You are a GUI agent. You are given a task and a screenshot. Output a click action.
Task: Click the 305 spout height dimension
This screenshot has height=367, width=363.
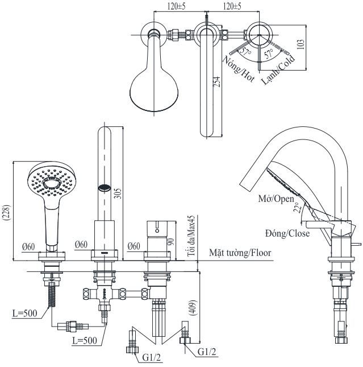[117, 194]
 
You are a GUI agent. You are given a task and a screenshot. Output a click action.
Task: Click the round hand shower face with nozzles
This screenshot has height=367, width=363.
[51, 183]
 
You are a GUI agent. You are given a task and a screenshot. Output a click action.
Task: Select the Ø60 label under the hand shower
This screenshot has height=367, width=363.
[28, 246]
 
